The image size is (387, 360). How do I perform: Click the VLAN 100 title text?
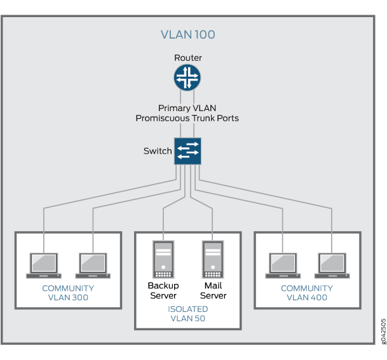[x=187, y=34]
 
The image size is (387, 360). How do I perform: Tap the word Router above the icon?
[x=187, y=58]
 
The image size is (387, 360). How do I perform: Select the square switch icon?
[x=187, y=151]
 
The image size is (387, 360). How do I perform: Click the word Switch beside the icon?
[x=158, y=151]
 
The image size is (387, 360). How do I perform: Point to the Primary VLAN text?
[x=187, y=108]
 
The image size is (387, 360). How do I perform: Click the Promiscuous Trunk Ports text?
[x=187, y=118]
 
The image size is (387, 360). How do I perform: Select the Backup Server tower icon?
[x=163, y=259]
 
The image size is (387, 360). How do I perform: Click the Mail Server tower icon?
[x=213, y=259]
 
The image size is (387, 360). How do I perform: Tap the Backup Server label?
[x=163, y=290]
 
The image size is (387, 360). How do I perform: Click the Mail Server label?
[x=213, y=290]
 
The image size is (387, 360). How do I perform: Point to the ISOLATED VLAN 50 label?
[x=188, y=314]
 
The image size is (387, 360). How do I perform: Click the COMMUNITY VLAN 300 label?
[x=68, y=293]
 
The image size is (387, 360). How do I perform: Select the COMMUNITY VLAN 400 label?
[x=307, y=293]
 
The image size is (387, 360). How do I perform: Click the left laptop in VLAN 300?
[x=43, y=265]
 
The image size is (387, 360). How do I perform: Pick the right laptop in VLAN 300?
[x=93, y=265]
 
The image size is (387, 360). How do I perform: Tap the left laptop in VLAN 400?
[x=282, y=265]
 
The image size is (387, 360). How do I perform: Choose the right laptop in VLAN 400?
[x=332, y=265]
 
